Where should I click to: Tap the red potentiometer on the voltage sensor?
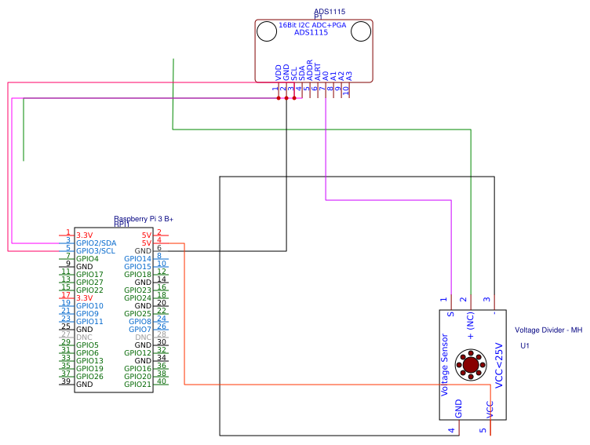point(471,364)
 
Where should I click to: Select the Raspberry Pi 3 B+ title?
point(144,218)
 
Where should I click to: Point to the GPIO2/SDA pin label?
point(96,243)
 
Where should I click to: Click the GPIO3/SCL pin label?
point(96,250)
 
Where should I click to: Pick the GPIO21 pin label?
point(137,385)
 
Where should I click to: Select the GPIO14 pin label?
point(137,258)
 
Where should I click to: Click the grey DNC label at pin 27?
point(84,337)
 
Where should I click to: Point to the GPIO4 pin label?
point(87,258)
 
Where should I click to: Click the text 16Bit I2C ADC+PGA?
point(312,25)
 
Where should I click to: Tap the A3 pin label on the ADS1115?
point(349,75)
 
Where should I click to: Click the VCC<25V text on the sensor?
point(497,364)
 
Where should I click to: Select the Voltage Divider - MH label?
point(548,330)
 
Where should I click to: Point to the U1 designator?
point(525,345)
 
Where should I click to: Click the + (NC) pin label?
point(471,325)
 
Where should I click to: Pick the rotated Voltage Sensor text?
point(445,364)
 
